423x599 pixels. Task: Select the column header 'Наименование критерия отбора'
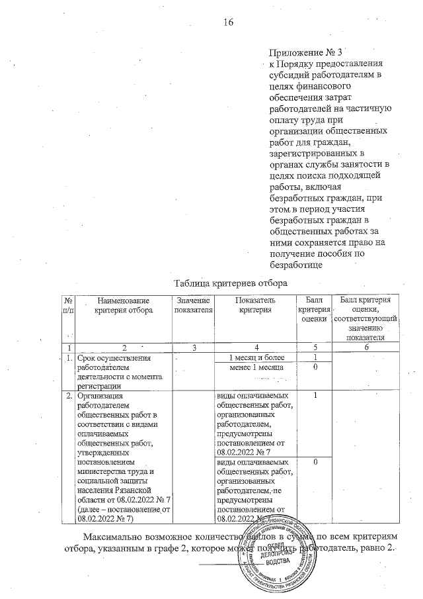[123, 306]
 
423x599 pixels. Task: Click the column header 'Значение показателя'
[192, 306]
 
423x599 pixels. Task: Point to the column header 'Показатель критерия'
[255, 306]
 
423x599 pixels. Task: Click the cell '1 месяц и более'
[255, 358]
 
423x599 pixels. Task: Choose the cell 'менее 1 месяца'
[255, 367]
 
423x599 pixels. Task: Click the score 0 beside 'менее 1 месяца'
[316, 367]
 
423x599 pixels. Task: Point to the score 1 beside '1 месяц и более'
[316, 358]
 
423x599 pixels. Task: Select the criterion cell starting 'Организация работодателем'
[123, 457]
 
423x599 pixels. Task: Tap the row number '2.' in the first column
[68, 396]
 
